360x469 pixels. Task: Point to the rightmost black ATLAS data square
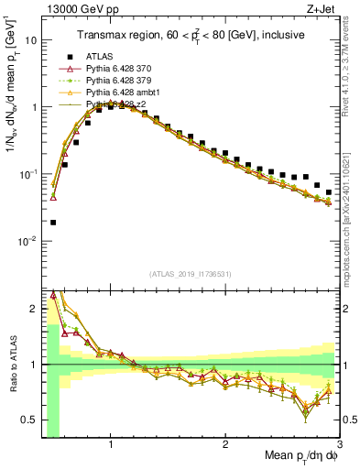[329, 192]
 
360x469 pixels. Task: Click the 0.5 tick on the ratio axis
[31, 420]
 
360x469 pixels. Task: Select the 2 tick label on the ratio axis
[35, 309]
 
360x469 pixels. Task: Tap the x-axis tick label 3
[339, 446]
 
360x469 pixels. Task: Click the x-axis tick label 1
[111, 446]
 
